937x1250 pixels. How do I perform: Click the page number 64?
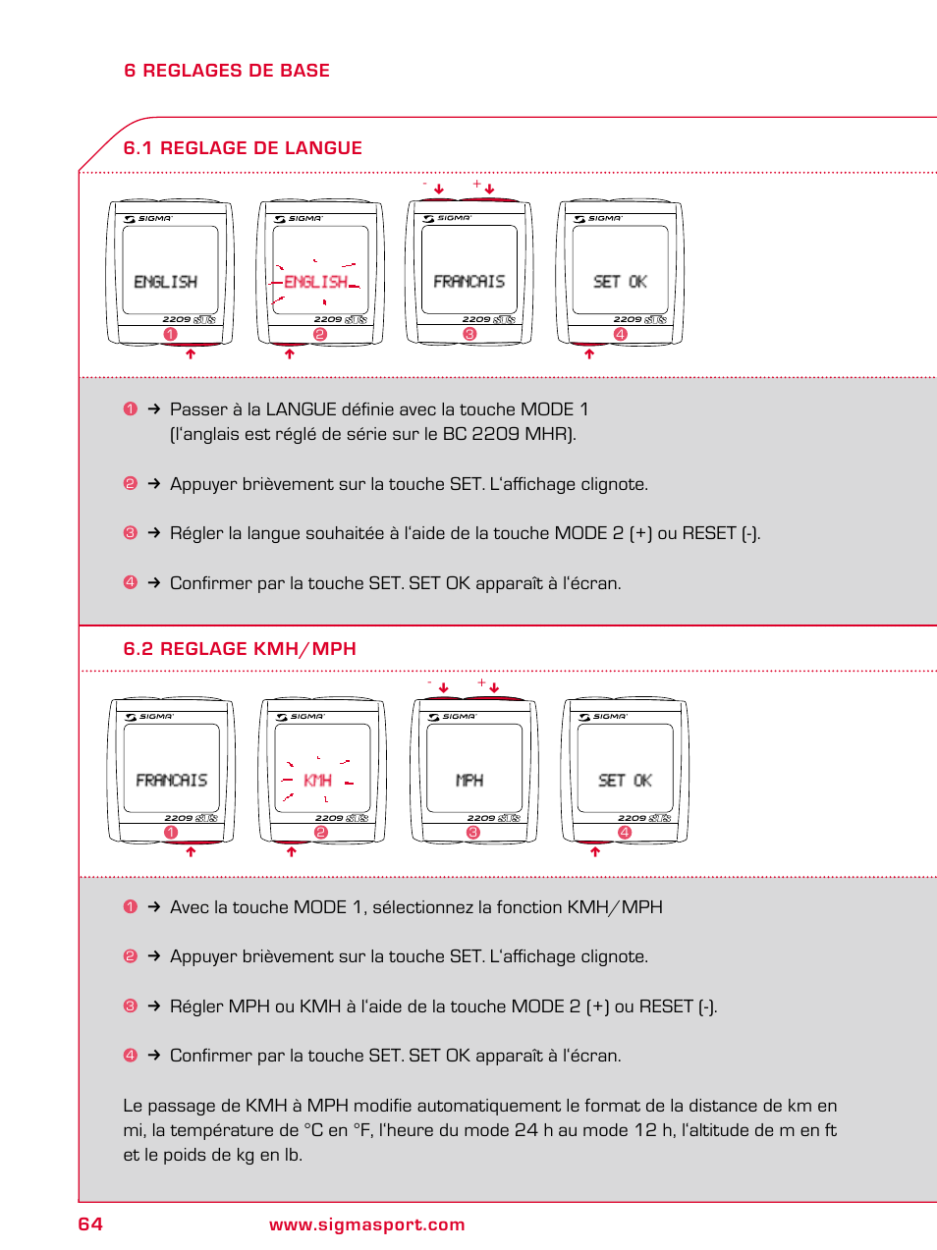(x=90, y=1223)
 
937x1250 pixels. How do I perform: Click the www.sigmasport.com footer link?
(x=366, y=1224)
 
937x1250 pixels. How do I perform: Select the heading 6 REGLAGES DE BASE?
(x=227, y=71)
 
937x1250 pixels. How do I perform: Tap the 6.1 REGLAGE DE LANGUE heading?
(x=243, y=148)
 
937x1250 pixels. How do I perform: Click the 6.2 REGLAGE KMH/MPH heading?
(x=240, y=649)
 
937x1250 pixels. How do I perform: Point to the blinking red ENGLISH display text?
(x=315, y=282)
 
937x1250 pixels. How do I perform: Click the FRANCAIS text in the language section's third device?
(x=468, y=282)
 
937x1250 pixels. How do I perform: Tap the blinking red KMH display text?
(x=317, y=781)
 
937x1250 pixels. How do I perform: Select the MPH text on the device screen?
(x=469, y=781)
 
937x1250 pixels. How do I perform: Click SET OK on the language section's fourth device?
(x=620, y=282)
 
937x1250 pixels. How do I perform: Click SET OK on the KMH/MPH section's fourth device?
(x=625, y=781)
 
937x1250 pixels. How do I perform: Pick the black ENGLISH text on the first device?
(x=165, y=282)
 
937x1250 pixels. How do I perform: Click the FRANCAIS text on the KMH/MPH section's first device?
(x=171, y=781)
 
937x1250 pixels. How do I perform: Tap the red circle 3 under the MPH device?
(x=473, y=833)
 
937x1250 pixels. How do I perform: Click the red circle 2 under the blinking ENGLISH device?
(x=319, y=335)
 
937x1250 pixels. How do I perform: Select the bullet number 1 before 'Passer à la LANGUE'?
(x=131, y=408)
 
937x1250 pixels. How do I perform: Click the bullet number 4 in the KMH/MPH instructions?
(x=131, y=1055)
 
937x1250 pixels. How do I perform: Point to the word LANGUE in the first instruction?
(x=299, y=409)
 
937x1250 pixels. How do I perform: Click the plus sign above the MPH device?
(x=481, y=682)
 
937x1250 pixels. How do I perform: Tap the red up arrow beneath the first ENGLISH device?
(x=191, y=353)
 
